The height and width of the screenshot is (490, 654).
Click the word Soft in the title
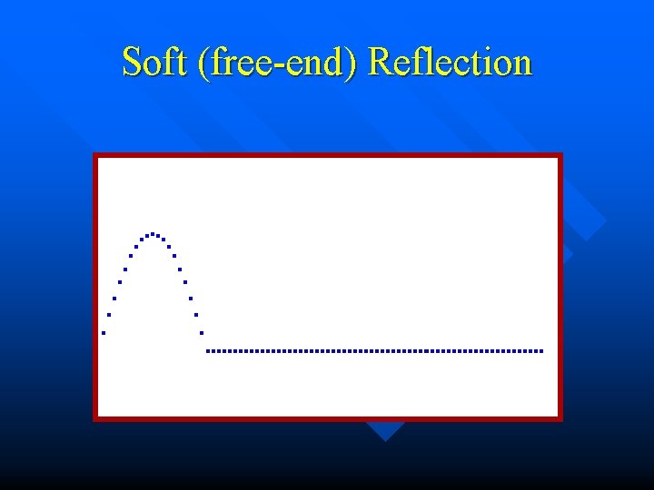154,63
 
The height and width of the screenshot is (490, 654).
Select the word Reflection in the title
451,63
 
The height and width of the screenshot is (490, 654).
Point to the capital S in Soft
133,63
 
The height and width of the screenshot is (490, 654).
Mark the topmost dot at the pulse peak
153,233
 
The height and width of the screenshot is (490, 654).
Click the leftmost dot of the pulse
104,333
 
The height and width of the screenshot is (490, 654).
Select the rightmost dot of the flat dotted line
541,350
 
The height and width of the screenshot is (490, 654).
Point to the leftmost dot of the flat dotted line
208,350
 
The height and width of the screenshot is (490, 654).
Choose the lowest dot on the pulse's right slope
202,333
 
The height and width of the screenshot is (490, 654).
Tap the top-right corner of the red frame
560,155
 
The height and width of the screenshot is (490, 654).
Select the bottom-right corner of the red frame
560,418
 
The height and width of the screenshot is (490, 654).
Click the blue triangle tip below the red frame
385,440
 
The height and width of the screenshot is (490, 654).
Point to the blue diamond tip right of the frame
606,220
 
